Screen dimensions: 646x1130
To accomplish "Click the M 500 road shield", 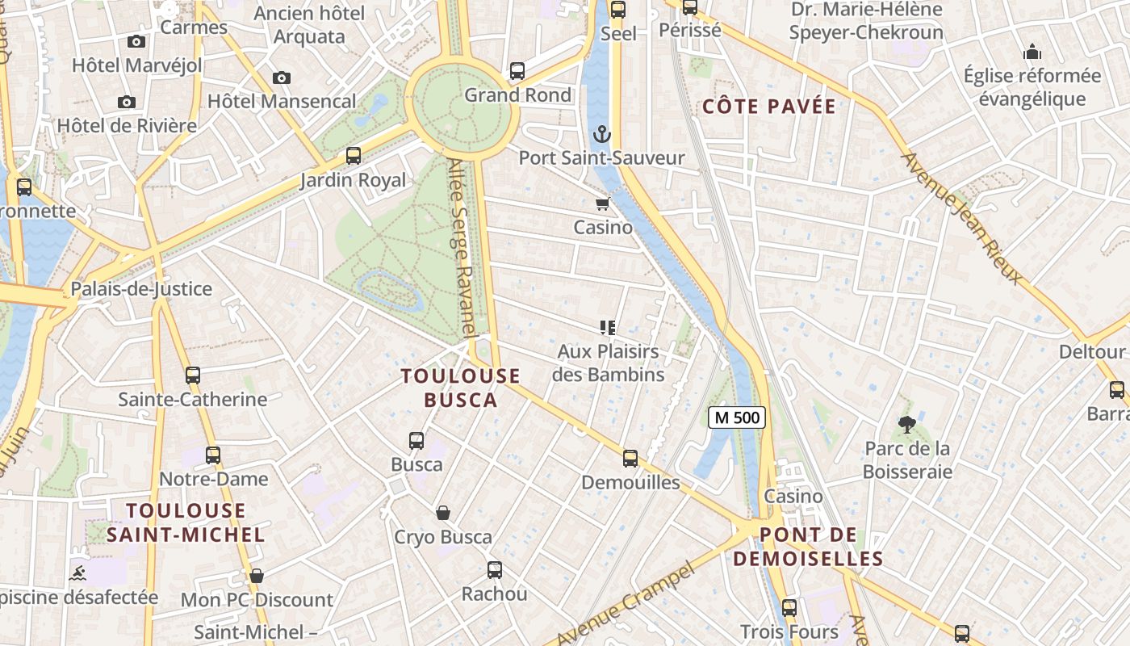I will pos(736,417).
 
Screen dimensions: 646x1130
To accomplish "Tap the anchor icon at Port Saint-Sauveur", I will pos(601,134).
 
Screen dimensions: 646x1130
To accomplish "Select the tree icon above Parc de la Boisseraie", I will pos(907,424).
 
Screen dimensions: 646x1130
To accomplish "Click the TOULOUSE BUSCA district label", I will pos(461,388).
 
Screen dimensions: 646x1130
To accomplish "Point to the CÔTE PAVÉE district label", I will pos(768,107).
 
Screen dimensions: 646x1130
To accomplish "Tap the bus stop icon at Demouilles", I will pos(630,459).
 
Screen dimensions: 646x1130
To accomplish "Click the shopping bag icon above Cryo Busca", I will pos(443,513).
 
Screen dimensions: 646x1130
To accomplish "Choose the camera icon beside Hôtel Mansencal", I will pos(281,78).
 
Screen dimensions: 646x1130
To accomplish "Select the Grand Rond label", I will pos(517,95).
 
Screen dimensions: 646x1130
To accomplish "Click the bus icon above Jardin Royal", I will pos(354,156).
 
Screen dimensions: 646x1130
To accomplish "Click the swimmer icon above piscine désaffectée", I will pos(77,573).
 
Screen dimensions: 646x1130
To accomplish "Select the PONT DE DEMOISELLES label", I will pos(808,547).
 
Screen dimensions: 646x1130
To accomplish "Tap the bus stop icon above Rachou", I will pos(495,570).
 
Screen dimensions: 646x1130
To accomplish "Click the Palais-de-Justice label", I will pos(141,289).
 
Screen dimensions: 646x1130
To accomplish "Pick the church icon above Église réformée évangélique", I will pos(1032,53).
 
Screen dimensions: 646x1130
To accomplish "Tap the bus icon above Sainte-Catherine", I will pos(192,375).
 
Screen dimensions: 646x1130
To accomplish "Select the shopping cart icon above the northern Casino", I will pos(602,203).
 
